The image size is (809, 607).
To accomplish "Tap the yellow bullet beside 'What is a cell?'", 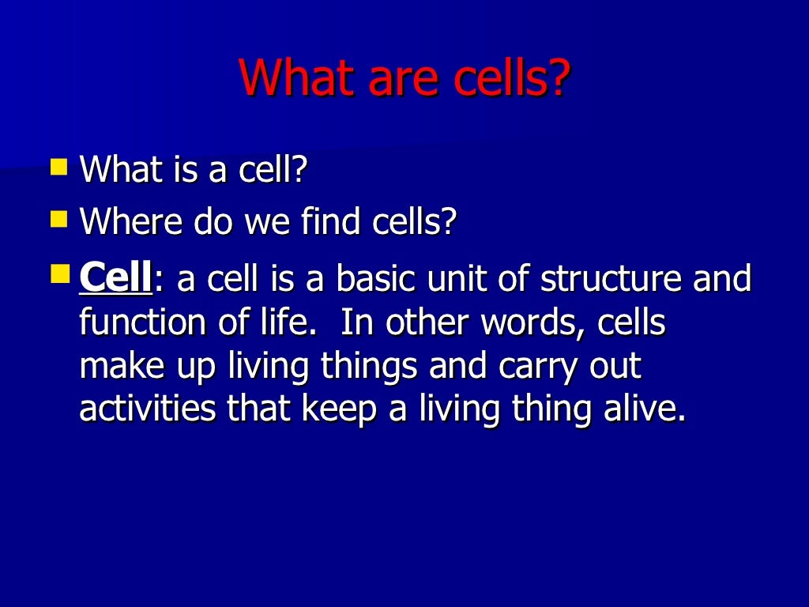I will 59,166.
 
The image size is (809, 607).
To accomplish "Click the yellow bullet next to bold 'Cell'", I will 59,275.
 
